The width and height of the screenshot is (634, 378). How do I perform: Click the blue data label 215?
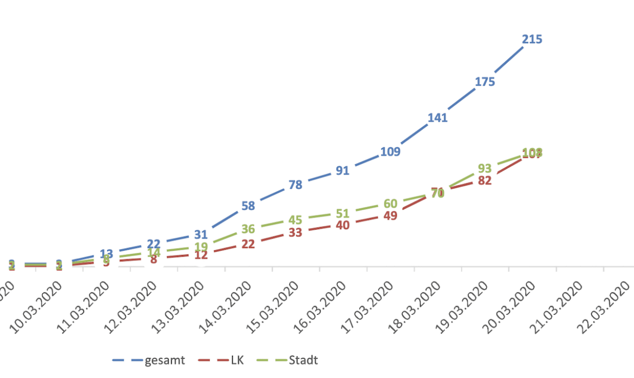click(532, 40)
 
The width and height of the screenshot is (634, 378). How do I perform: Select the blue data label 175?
click(485, 82)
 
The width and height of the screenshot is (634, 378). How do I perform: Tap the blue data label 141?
click(437, 118)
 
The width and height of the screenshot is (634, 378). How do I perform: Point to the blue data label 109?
click(390, 152)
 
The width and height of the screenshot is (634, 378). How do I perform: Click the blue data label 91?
click(342, 171)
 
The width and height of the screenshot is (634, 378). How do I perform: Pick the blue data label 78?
click(295, 185)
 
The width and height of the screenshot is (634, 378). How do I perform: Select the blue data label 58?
click(248, 206)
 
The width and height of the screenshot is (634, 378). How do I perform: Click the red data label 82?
click(485, 181)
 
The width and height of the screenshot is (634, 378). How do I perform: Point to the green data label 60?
click(390, 204)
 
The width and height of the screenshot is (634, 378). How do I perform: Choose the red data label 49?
click(390, 216)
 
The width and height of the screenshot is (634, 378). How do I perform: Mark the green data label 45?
click(295, 220)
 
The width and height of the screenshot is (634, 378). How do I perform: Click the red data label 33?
click(295, 233)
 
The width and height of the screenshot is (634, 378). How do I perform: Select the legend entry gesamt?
click(164, 360)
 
